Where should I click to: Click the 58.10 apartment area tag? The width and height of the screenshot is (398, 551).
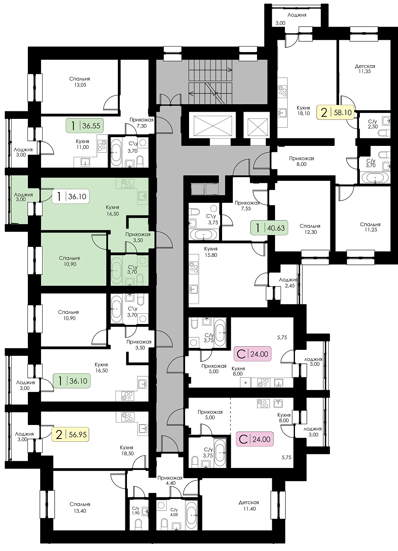(x=336, y=113)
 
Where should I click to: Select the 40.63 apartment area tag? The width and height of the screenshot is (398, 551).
(x=269, y=228)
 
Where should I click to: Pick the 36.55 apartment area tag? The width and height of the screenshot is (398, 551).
(x=84, y=126)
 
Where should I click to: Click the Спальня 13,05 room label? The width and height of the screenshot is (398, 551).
(x=80, y=82)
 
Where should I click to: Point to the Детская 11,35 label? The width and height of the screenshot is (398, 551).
(x=365, y=69)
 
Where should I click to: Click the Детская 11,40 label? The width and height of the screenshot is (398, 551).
(x=249, y=506)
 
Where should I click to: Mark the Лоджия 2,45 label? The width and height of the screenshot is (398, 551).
(x=288, y=283)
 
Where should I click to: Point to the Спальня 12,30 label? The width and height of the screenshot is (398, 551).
(x=310, y=229)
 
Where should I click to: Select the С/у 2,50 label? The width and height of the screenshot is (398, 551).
(x=373, y=124)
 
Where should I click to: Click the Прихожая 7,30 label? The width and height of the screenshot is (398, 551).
(x=142, y=122)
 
